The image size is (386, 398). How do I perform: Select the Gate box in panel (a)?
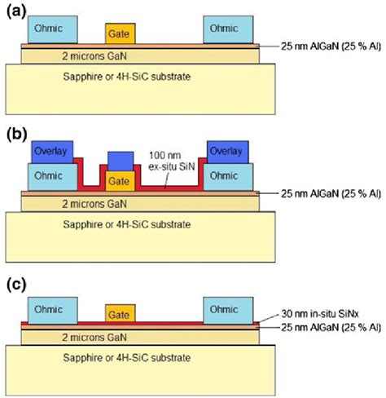click(x=121, y=33)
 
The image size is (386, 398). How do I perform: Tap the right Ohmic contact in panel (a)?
click(x=224, y=29)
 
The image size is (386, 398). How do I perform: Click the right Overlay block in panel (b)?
click(x=228, y=152)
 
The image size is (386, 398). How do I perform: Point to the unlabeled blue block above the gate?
click(x=121, y=161)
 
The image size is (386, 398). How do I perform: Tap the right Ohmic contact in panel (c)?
click(x=224, y=310)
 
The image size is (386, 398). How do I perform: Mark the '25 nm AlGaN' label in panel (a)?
click(x=323, y=46)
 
